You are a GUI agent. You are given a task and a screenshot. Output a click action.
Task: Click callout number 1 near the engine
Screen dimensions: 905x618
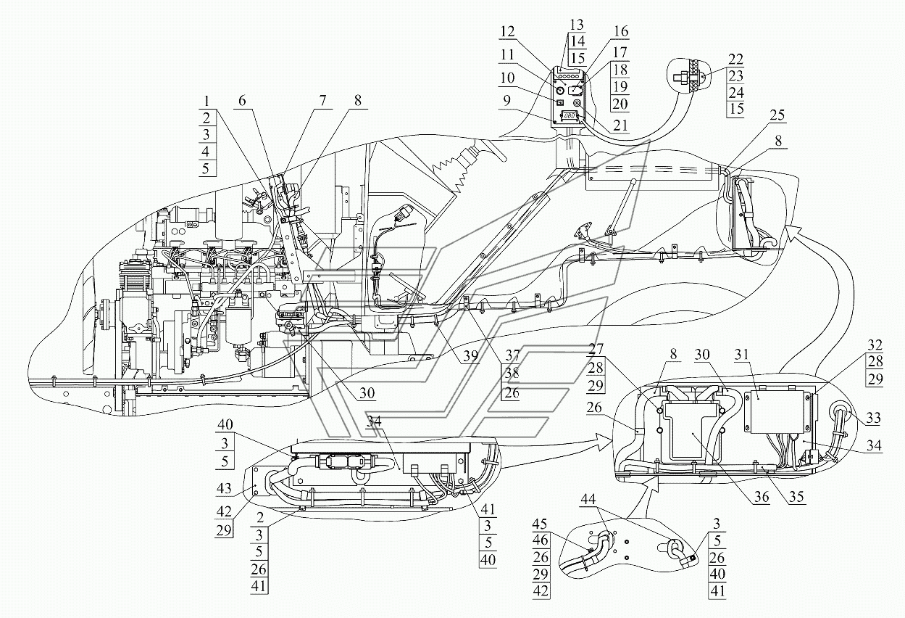(206, 100)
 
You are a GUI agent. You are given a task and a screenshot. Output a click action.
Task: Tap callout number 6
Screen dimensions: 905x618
(242, 100)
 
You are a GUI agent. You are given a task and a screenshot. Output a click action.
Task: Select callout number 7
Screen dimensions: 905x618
(322, 100)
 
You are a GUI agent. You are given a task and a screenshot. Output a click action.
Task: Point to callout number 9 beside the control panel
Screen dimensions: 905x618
(506, 100)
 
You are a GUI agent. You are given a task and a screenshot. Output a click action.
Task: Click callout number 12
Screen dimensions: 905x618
(507, 31)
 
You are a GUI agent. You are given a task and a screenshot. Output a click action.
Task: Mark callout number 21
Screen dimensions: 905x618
(620, 125)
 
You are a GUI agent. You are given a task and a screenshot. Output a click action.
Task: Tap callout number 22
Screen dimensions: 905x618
(735, 59)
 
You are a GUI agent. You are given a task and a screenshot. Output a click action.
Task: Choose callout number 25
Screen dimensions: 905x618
(777, 115)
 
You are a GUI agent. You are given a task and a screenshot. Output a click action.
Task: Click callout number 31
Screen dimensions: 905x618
(741, 354)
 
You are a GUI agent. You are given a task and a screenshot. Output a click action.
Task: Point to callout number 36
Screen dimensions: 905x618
(761, 497)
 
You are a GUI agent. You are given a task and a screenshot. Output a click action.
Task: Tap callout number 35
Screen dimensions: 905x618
(796, 497)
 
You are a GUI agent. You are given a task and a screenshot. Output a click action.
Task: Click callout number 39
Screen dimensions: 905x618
(471, 355)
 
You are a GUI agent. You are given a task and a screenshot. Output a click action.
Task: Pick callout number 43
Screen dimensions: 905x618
(224, 488)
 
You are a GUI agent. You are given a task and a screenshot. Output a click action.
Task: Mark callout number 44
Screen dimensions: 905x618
(588, 499)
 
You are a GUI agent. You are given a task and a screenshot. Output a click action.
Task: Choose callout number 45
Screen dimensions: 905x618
(540, 524)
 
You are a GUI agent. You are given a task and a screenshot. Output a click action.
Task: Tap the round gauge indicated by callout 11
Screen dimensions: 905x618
(560, 90)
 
